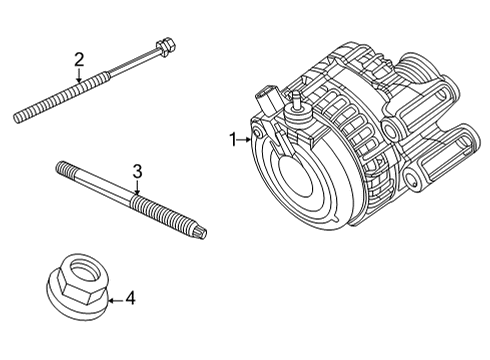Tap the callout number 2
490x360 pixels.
[79, 58]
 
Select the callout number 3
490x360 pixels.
[137, 171]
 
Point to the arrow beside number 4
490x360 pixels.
[112, 298]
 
